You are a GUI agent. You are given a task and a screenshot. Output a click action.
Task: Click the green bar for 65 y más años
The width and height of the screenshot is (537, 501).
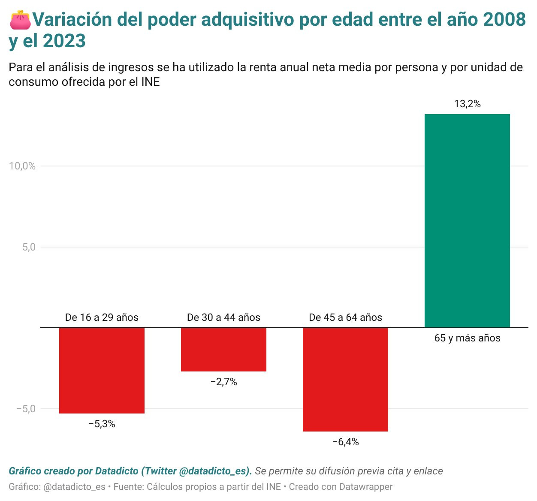click(x=467, y=221)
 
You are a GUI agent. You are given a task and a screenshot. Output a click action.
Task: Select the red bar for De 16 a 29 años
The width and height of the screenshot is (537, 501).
click(x=102, y=370)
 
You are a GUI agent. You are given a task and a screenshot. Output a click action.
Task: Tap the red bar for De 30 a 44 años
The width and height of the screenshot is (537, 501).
click(x=223, y=349)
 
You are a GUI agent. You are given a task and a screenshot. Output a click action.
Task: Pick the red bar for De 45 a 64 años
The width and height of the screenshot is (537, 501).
click(x=345, y=379)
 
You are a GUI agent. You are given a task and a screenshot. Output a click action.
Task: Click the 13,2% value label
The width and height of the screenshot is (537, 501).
click(x=467, y=104)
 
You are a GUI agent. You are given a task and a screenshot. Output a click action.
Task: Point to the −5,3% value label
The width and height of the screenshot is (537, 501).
click(x=102, y=424)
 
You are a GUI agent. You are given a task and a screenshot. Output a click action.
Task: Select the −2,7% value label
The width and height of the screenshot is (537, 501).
click(x=223, y=382)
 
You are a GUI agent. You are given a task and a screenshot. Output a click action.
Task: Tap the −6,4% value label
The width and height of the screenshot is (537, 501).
click(x=346, y=442)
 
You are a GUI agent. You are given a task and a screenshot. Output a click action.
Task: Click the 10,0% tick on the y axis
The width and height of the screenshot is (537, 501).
click(x=22, y=166)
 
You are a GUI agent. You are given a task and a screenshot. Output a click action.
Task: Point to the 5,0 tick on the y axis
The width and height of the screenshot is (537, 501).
click(x=29, y=247)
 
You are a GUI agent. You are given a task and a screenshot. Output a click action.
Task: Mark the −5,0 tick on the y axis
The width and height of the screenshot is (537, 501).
click(x=26, y=408)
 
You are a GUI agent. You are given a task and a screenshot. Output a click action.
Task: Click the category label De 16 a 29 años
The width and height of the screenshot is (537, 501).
click(x=102, y=317)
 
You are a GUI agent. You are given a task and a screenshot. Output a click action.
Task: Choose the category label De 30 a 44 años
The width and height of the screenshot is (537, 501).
click(x=223, y=317)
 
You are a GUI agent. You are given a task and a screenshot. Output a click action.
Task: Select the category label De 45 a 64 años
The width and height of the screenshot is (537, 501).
click(x=345, y=317)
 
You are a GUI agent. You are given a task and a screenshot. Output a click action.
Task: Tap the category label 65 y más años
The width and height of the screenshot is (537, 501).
click(x=467, y=338)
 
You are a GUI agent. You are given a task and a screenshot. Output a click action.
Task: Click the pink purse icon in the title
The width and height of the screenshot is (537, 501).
click(x=20, y=20)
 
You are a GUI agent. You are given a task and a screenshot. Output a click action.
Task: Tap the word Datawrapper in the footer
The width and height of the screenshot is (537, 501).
click(x=365, y=487)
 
